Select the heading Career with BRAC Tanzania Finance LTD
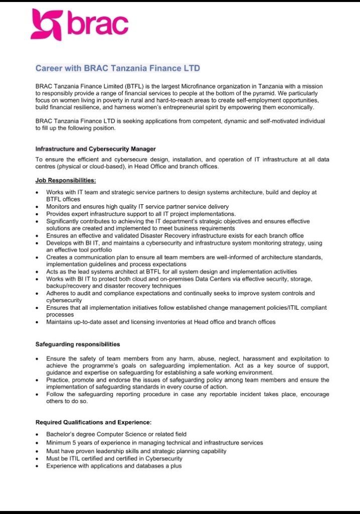118,68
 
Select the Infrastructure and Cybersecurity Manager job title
95,149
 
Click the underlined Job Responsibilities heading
65,180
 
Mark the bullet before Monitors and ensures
38,207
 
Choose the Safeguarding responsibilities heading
77,344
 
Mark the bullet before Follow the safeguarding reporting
38,395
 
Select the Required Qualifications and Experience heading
93,422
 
